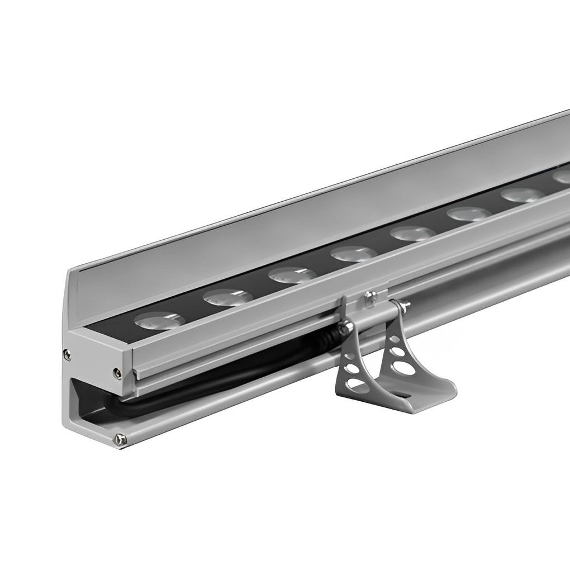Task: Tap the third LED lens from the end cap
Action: pos(291,275)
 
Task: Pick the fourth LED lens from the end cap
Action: pos(353,254)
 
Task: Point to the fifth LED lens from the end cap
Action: pos(413,233)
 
